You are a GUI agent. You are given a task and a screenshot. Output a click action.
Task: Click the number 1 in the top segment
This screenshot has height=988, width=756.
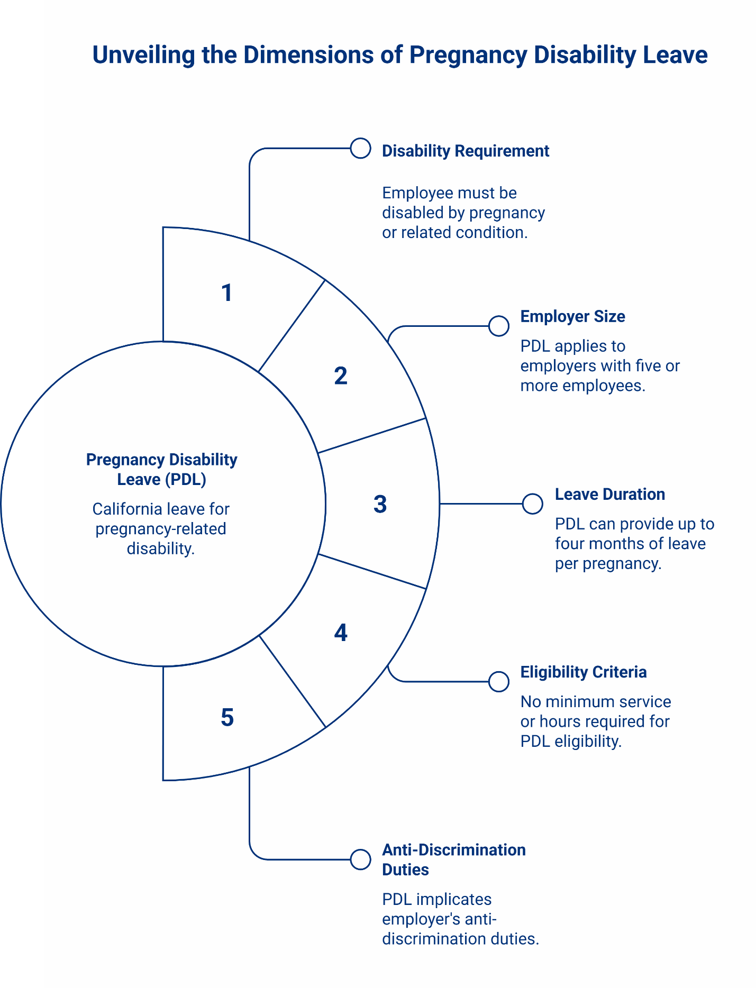[x=227, y=293]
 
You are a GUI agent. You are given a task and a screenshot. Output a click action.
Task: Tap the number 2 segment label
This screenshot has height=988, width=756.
[x=341, y=376]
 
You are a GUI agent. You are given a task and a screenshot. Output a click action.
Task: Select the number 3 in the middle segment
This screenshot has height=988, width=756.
[x=380, y=504]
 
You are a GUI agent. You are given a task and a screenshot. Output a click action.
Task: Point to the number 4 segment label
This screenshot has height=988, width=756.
[x=341, y=633]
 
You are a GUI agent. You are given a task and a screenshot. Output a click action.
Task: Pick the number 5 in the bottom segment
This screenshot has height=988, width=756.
[x=227, y=718]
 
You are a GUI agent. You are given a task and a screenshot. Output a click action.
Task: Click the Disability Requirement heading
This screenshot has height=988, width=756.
[x=465, y=151]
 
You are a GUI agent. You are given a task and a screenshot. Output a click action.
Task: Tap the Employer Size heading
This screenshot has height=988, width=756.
[x=572, y=317]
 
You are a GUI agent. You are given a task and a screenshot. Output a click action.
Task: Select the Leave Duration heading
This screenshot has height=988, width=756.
[x=609, y=495]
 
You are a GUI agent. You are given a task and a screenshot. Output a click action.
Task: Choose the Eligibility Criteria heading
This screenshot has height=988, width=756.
[x=583, y=672]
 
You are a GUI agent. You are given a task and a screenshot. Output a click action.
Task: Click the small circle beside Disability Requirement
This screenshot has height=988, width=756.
[x=360, y=149]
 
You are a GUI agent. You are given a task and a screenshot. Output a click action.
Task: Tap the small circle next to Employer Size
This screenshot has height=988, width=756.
[x=498, y=326]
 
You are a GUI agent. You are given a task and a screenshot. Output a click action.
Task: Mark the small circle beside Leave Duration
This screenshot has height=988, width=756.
[x=532, y=504]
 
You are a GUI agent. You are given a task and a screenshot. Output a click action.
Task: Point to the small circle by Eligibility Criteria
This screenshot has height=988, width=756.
[x=498, y=682]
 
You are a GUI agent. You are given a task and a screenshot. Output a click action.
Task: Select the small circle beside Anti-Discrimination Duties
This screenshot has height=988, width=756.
[x=360, y=859]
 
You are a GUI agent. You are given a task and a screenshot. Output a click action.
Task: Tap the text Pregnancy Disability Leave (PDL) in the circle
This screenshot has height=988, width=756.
[x=161, y=469]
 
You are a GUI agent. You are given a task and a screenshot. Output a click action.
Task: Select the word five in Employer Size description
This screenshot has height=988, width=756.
[x=644, y=366]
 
